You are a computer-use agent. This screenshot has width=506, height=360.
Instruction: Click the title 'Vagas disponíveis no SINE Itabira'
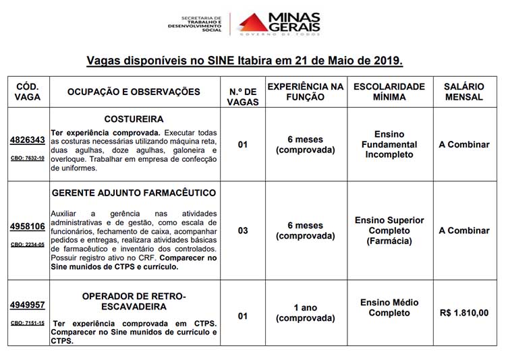(244, 61)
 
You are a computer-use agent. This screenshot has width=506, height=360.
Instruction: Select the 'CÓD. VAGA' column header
(27, 92)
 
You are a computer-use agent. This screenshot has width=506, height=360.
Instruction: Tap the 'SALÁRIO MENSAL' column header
(463, 92)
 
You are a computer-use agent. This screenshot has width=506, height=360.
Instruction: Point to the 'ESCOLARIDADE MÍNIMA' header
(389, 92)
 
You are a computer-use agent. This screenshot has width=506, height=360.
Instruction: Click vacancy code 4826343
(27, 140)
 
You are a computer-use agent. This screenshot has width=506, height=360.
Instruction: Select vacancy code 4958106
(27, 226)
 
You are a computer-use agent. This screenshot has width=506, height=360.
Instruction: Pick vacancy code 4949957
(27, 305)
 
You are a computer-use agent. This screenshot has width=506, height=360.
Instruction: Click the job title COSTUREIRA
(134, 119)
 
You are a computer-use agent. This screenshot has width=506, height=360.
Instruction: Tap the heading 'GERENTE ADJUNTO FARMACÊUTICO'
(134, 193)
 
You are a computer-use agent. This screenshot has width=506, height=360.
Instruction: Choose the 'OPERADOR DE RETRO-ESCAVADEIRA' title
(134, 301)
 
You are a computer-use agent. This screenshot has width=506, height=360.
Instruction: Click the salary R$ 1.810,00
(463, 313)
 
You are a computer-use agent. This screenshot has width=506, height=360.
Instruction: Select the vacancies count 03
(243, 231)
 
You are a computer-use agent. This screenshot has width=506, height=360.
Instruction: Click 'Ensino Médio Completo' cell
(389, 308)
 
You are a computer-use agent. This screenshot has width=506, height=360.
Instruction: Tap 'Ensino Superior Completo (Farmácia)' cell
(389, 231)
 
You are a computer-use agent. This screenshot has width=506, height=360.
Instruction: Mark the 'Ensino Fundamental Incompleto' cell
(389, 144)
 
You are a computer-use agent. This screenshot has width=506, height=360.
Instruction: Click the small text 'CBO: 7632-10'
(27, 158)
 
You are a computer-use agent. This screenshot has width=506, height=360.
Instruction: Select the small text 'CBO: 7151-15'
(27, 323)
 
